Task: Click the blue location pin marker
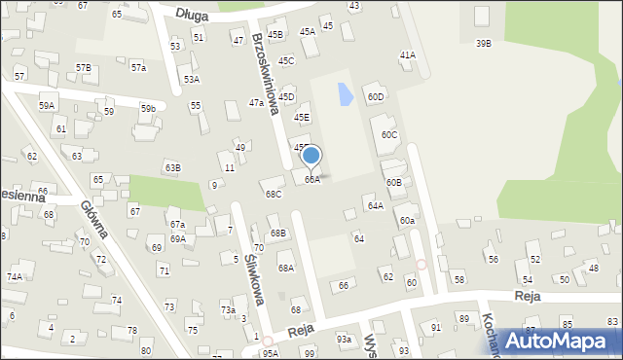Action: (311, 156)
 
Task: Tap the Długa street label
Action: (200, 13)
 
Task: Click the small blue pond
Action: (344, 94)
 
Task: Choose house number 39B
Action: (483, 43)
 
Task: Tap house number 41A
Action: (407, 55)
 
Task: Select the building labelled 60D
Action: (375, 96)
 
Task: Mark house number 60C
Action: (389, 134)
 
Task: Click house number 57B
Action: (83, 67)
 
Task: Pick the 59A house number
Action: (47, 104)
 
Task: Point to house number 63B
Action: (172, 167)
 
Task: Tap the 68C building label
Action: (274, 194)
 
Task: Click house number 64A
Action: (375, 205)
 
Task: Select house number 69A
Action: (177, 238)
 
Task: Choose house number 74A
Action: (14, 276)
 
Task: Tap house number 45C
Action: (286, 60)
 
